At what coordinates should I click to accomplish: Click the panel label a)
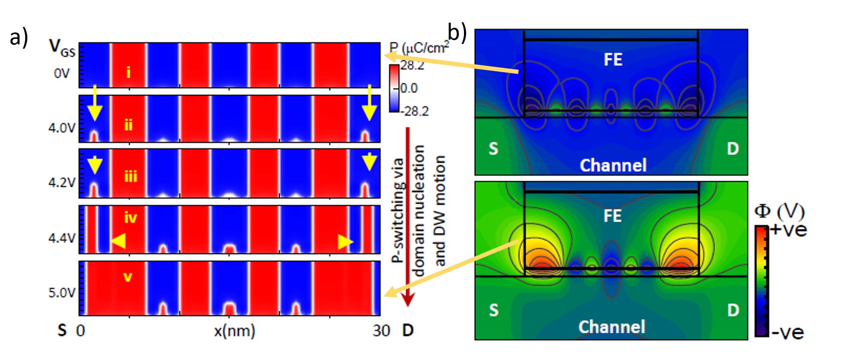[x=18, y=38]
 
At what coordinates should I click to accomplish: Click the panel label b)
[x=457, y=32]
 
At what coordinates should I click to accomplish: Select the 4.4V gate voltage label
[x=61, y=237]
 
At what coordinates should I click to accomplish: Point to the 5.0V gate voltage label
[x=61, y=293]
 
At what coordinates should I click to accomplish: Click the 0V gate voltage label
[x=61, y=73]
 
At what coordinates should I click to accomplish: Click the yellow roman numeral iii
[x=130, y=176]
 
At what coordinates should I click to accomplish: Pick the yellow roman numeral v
[x=128, y=277]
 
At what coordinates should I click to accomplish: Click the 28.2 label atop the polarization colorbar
[x=412, y=66]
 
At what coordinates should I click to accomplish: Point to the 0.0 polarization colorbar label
[x=409, y=88]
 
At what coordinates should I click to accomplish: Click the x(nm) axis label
[x=234, y=331]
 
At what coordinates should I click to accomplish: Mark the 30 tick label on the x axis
[x=381, y=331]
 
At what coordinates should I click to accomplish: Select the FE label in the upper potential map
[x=613, y=59]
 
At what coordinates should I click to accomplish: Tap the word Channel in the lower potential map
[x=611, y=327]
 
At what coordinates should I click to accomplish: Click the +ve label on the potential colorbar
[x=788, y=230]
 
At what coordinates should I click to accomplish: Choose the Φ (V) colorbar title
[x=779, y=211]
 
